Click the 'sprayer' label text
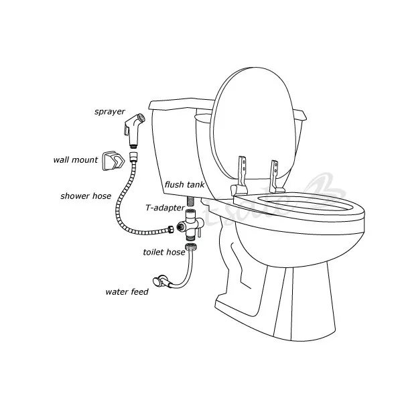click(x=109, y=112)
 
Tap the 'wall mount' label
click(x=76, y=160)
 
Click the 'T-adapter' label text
click(x=165, y=208)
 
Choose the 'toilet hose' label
click(x=164, y=252)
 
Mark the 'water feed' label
click(x=127, y=291)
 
